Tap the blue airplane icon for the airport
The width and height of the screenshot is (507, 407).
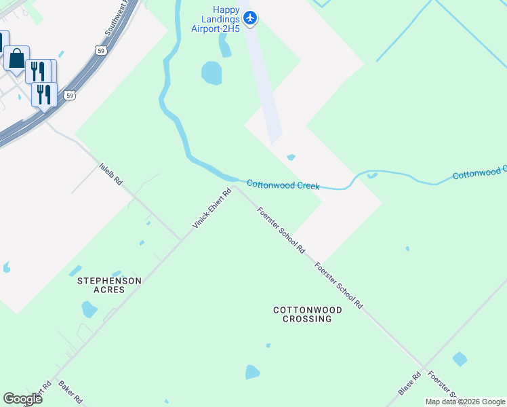click(x=251, y=18)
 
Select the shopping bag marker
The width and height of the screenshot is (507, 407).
click(x=16, y=59)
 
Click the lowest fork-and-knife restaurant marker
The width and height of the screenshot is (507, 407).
click(x=44, y=94)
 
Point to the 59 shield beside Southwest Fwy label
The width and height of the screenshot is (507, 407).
click(x=100, y=50)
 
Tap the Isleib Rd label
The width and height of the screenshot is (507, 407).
click(x=110, y=173)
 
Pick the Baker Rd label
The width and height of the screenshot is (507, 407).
click(x=70, y=390)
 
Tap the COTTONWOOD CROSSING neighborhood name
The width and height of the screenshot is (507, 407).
click(x=307, y=314)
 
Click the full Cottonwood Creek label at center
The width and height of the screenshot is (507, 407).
click(x=283, y=185)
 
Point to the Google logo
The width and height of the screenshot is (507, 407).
click(x=22, y=398)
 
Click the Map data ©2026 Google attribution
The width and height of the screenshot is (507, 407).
click(x=465, y=402)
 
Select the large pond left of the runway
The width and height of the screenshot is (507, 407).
click(x=211, y=73)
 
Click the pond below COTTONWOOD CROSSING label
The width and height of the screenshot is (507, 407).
click(x=252, y=372)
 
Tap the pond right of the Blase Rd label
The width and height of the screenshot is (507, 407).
click(x=460, y=359)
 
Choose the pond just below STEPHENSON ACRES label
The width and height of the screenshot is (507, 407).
click(x=89, y=310)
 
